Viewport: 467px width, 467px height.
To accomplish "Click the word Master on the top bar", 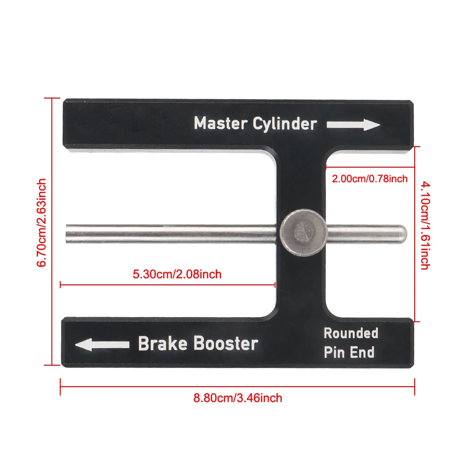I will [x=221, y=124].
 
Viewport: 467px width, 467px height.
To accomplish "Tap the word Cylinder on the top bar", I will [x=285, y=124].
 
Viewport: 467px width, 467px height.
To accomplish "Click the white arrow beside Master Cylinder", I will [x=353, y=125].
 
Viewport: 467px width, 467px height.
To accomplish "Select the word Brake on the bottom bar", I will [x=163, y=344].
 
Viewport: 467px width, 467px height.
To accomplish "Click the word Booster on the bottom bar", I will [x=226, y=344].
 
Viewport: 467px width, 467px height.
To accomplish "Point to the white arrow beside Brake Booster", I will [x=102, y=345].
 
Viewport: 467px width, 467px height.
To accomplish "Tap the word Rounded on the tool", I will [x=351, y=333].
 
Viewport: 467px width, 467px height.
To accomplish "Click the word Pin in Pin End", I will [x=334, y=352].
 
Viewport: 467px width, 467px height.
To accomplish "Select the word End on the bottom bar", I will [x=363, y=352].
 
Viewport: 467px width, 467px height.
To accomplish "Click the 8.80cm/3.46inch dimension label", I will [x=238, y=398].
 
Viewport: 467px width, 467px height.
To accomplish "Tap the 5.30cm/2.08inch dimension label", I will [x=177, y=274].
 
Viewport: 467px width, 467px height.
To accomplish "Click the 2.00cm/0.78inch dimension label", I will [x=369, y=178].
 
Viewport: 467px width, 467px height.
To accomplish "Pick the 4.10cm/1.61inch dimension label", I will [x=425, y=226].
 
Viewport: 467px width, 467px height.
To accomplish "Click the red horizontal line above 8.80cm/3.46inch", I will [x=237, y=386].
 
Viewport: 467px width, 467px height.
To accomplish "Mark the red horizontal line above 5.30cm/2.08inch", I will [x=168, y=283].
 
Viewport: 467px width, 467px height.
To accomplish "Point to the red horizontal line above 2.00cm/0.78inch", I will [x=370, y=167].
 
